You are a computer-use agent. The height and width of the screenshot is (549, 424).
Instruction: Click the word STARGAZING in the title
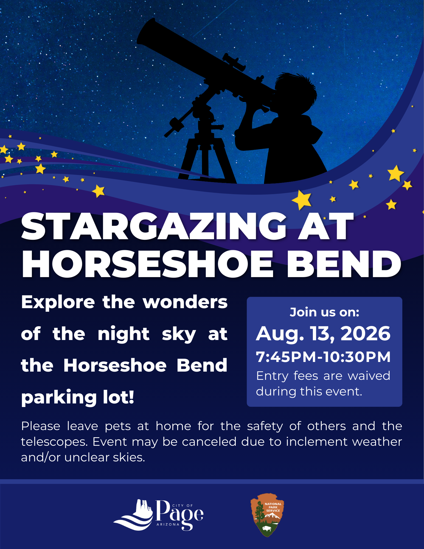pyautogui.click(x=154, y=227)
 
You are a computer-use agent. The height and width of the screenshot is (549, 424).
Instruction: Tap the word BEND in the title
pyautogui.click(x=344, y=264)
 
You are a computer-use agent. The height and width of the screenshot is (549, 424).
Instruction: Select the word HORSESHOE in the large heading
pyautogui.click(x=148, y=264)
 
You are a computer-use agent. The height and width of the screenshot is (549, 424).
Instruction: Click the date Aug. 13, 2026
pyautogui.click(x=323, y=334)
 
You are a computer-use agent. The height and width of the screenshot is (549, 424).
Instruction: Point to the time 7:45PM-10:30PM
pyautogui.click(x=323, y=357)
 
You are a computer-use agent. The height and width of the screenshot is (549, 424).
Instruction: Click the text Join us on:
pyautogui.click(x=324, y=312)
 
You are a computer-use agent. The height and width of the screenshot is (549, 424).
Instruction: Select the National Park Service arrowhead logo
pyautogui.click(x=267, y=515)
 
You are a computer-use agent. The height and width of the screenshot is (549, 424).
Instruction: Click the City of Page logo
pyautogui.click(x=158, y=515)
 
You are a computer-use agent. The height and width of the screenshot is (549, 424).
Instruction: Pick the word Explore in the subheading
pyautogui.click(x=58, y=302)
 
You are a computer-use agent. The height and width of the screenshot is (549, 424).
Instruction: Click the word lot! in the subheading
pyautogui.click(x=119, y=397)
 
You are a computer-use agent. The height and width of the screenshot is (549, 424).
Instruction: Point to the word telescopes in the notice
pyautogui.click(x=54, y=442)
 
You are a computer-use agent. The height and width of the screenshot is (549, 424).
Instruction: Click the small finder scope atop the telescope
pyautogui.click(x=234, y=62)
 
